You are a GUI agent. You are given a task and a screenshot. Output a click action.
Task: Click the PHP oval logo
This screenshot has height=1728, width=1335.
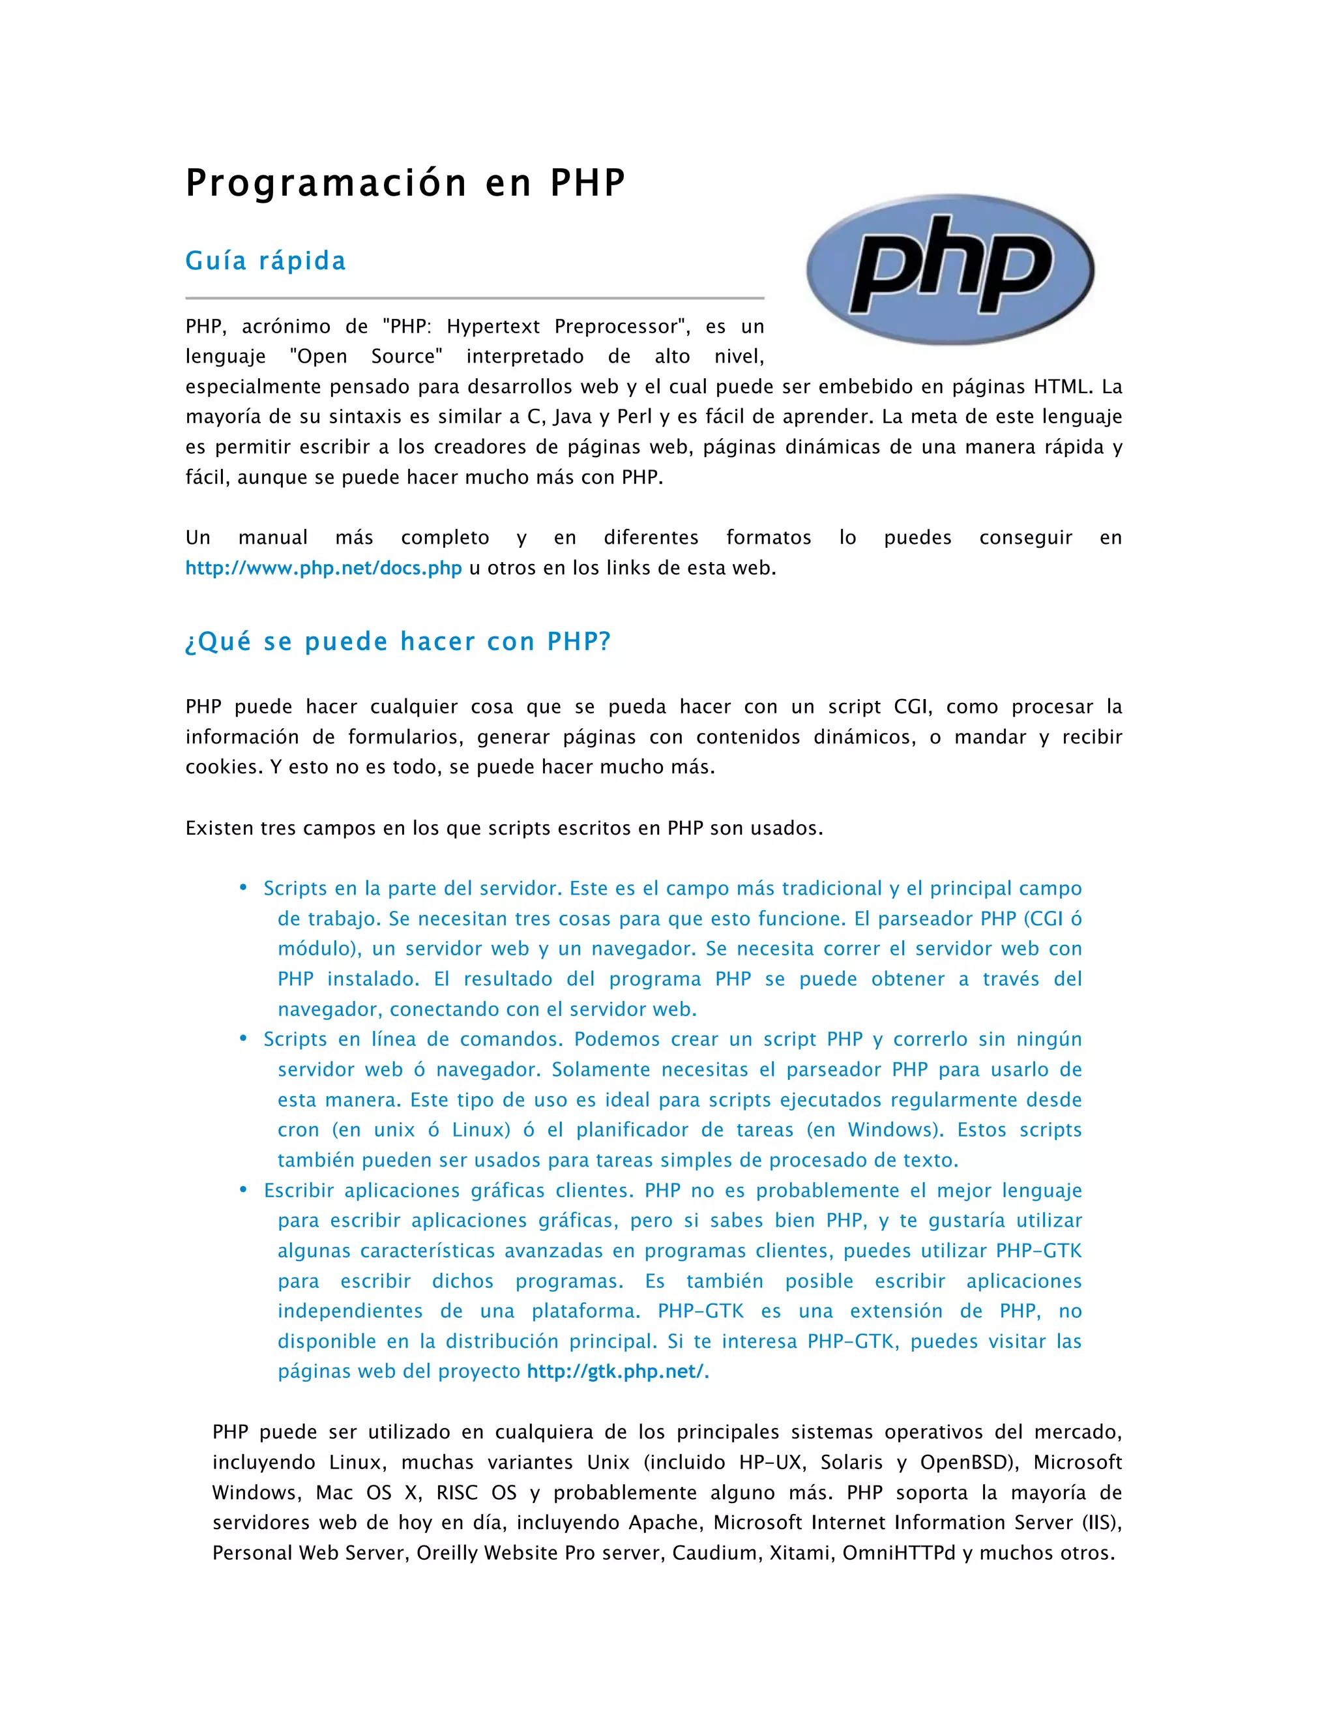[x=950, y=269]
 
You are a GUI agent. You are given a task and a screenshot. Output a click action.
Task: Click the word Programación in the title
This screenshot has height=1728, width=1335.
[x=327, y=184]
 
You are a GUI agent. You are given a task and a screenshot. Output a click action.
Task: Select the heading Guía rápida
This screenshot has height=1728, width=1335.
[x=266, y=261]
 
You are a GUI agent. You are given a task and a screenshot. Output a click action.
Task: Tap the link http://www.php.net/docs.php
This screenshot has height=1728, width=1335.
[x=323, y=568]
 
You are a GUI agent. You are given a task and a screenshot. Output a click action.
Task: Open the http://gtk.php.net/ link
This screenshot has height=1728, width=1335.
[x=615, y=1371]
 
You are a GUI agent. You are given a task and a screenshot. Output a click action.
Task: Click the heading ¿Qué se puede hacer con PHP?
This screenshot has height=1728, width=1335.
[x=398, y=642]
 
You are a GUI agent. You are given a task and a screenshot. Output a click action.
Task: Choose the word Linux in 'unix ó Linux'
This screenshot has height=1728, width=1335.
[x=478, y=1130]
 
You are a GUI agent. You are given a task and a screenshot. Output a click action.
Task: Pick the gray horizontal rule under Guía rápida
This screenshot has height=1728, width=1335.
[x=475, y=298]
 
